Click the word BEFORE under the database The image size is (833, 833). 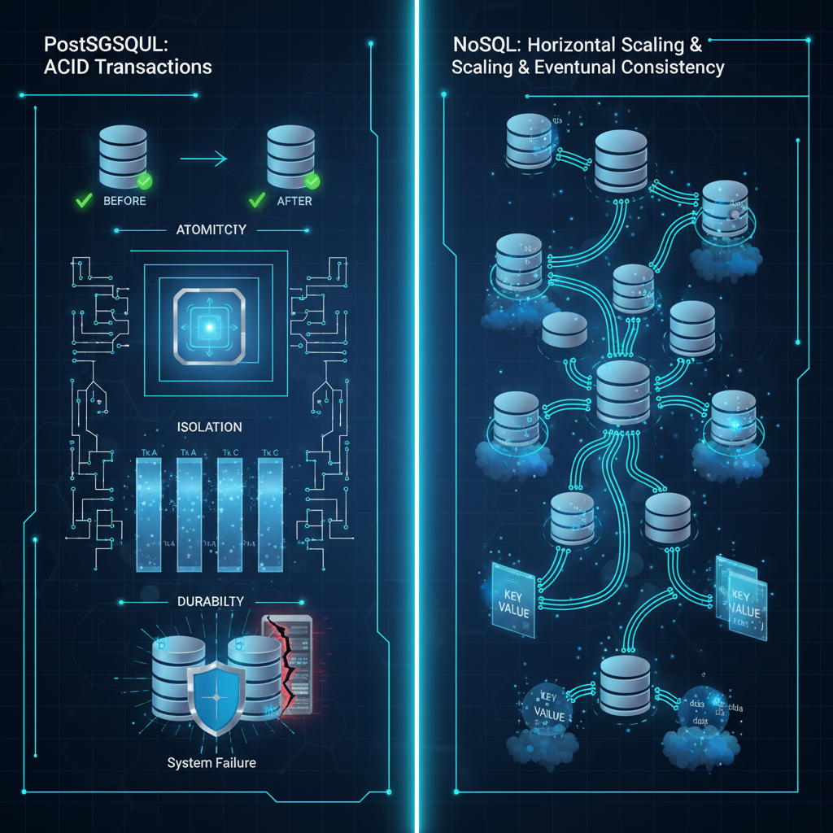point(125,201)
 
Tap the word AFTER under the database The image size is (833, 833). point(294,201)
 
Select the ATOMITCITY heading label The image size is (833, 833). point(211,230)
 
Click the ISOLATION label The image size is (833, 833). point(209,426)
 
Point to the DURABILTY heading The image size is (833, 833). point(210,601)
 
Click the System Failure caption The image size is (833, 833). point(212,762)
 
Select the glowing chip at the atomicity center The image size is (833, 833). point(208,326)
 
